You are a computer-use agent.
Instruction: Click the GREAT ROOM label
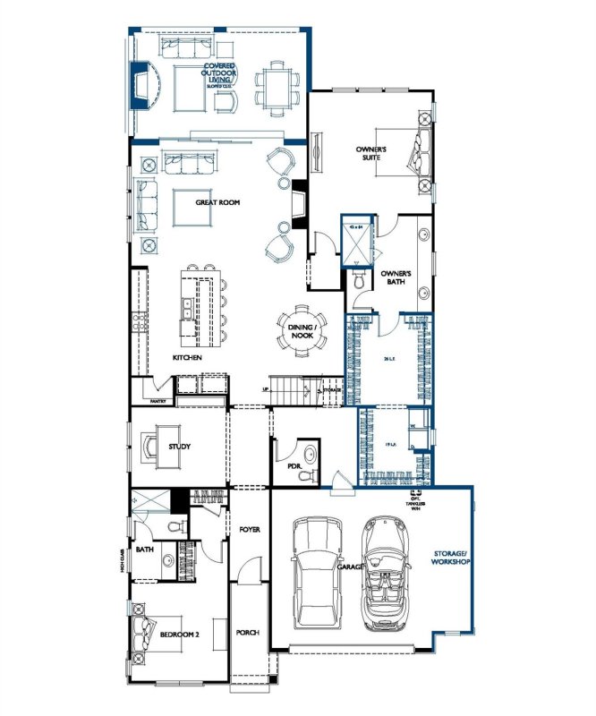click(218, 203)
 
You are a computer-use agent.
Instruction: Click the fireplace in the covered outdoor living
click(140, 85)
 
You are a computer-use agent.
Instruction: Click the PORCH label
click(247, 633)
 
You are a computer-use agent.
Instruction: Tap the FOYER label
click(249, 530)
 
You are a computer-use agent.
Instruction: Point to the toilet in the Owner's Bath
click(360, 281)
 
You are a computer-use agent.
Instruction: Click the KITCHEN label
click(187, 358)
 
